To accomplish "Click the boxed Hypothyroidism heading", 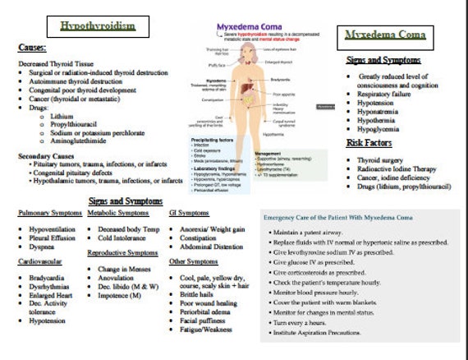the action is [x=98, y=26].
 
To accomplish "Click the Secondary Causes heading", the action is [x=47, y=155].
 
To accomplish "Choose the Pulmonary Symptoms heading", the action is [x=50, y=214].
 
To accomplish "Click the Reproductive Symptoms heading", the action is [x=123, y=253].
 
